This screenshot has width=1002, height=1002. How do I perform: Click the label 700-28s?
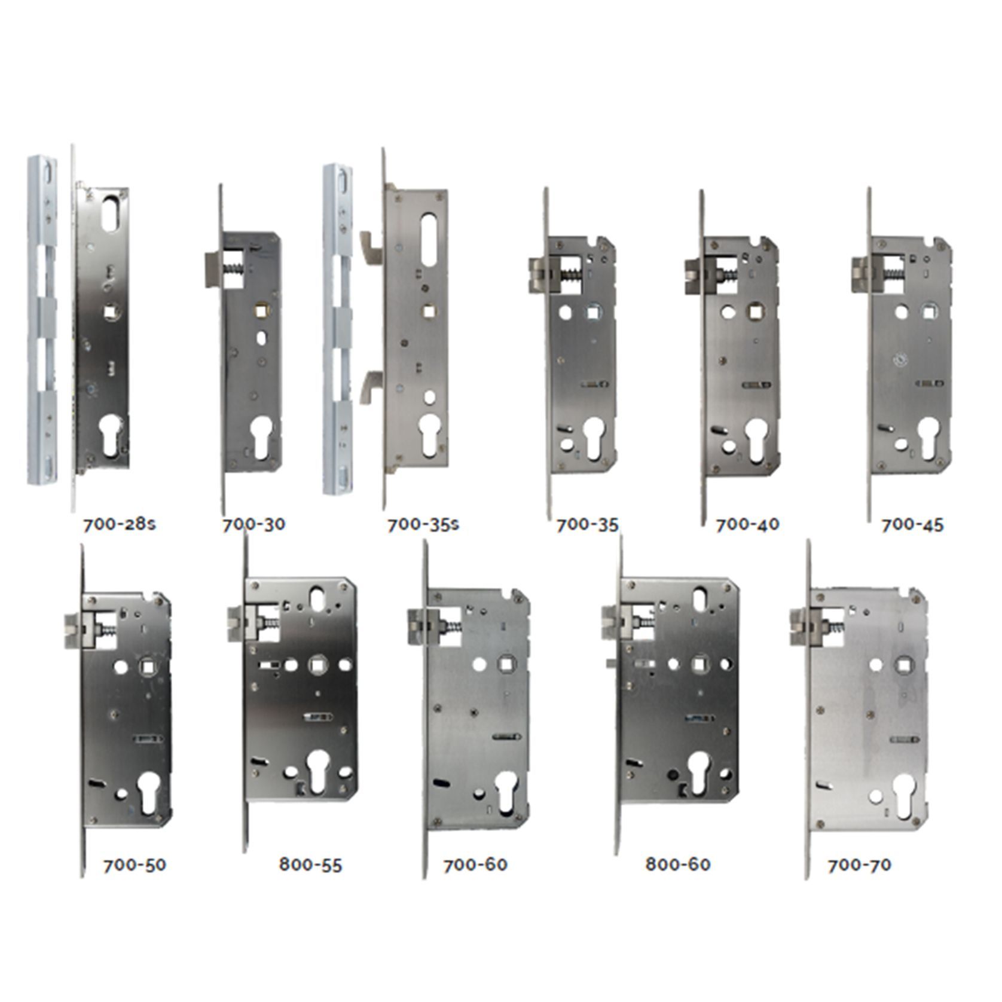[x=120, y=524]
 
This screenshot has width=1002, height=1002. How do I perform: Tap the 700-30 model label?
[x=254, y=524]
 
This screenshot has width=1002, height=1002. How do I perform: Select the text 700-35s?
[x=423, y=524]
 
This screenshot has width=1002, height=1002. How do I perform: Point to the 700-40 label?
[x=748, y=524]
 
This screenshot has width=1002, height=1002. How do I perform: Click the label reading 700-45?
[x=912, y=524]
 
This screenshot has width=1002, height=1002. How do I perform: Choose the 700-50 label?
[x=135, y=865]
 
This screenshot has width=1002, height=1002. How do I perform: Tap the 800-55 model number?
[x=311, y=865]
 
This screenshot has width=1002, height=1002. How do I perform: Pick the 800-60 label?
[x=679, y=865]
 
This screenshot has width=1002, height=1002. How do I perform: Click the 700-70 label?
[x=860, y=865]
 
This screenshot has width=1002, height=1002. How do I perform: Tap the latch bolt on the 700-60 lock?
[x=418, y=626]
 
